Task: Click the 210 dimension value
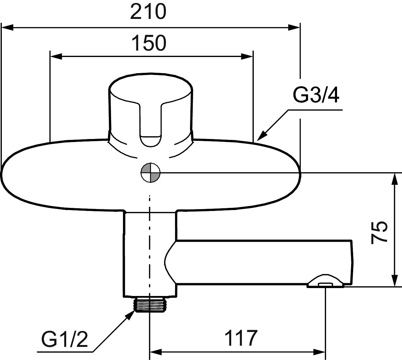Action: [148, 12]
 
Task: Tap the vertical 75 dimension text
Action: [379, 233]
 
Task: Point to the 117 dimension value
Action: [241, 338]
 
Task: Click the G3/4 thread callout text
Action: [316, 95]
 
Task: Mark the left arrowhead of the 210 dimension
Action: [8, 28]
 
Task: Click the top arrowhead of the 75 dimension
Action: [395, 179]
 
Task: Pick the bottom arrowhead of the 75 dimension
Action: [395, 280]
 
